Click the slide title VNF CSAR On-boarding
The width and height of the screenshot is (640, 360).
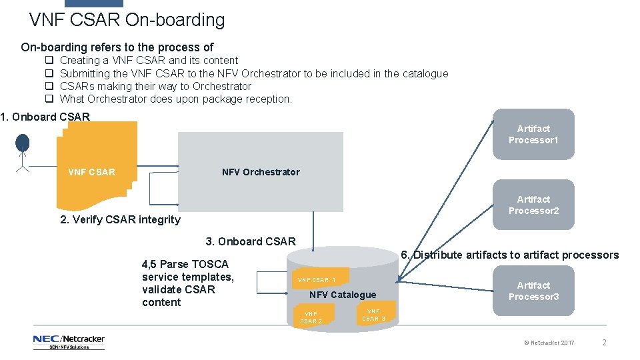(x=127, y=20)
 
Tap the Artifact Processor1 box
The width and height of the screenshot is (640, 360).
(x=533, y=134)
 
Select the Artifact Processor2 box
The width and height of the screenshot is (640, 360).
(x=533, y=205)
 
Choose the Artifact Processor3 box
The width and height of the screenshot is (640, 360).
(x=533, y=291)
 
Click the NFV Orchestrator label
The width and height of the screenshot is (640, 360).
(x=261, y=172)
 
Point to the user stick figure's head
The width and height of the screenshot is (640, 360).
(x=23, y=142)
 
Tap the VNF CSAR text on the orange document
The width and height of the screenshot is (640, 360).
(x=91, y=172)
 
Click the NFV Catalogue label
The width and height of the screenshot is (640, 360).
(x=343, y=295)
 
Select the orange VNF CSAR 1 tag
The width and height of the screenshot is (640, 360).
(x=317, y=280)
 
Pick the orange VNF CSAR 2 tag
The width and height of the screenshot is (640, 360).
(x=311, y=317)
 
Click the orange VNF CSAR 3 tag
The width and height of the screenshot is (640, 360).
(x=373, y=315)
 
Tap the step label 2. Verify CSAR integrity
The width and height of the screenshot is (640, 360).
(x=120, y=219)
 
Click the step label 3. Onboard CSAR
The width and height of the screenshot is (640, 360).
(x=250, y=241)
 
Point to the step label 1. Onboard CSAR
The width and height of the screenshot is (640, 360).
(x=45, y=117)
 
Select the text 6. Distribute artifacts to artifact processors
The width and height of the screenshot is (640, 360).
(x=509, y=255)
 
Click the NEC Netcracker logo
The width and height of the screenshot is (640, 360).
(x=69, y=342)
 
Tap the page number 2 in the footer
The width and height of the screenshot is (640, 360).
(x=604, y=343)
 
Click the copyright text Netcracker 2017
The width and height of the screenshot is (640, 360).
(x=549, y=343)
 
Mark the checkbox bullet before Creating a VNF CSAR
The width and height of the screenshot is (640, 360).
(x=49, y=61)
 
